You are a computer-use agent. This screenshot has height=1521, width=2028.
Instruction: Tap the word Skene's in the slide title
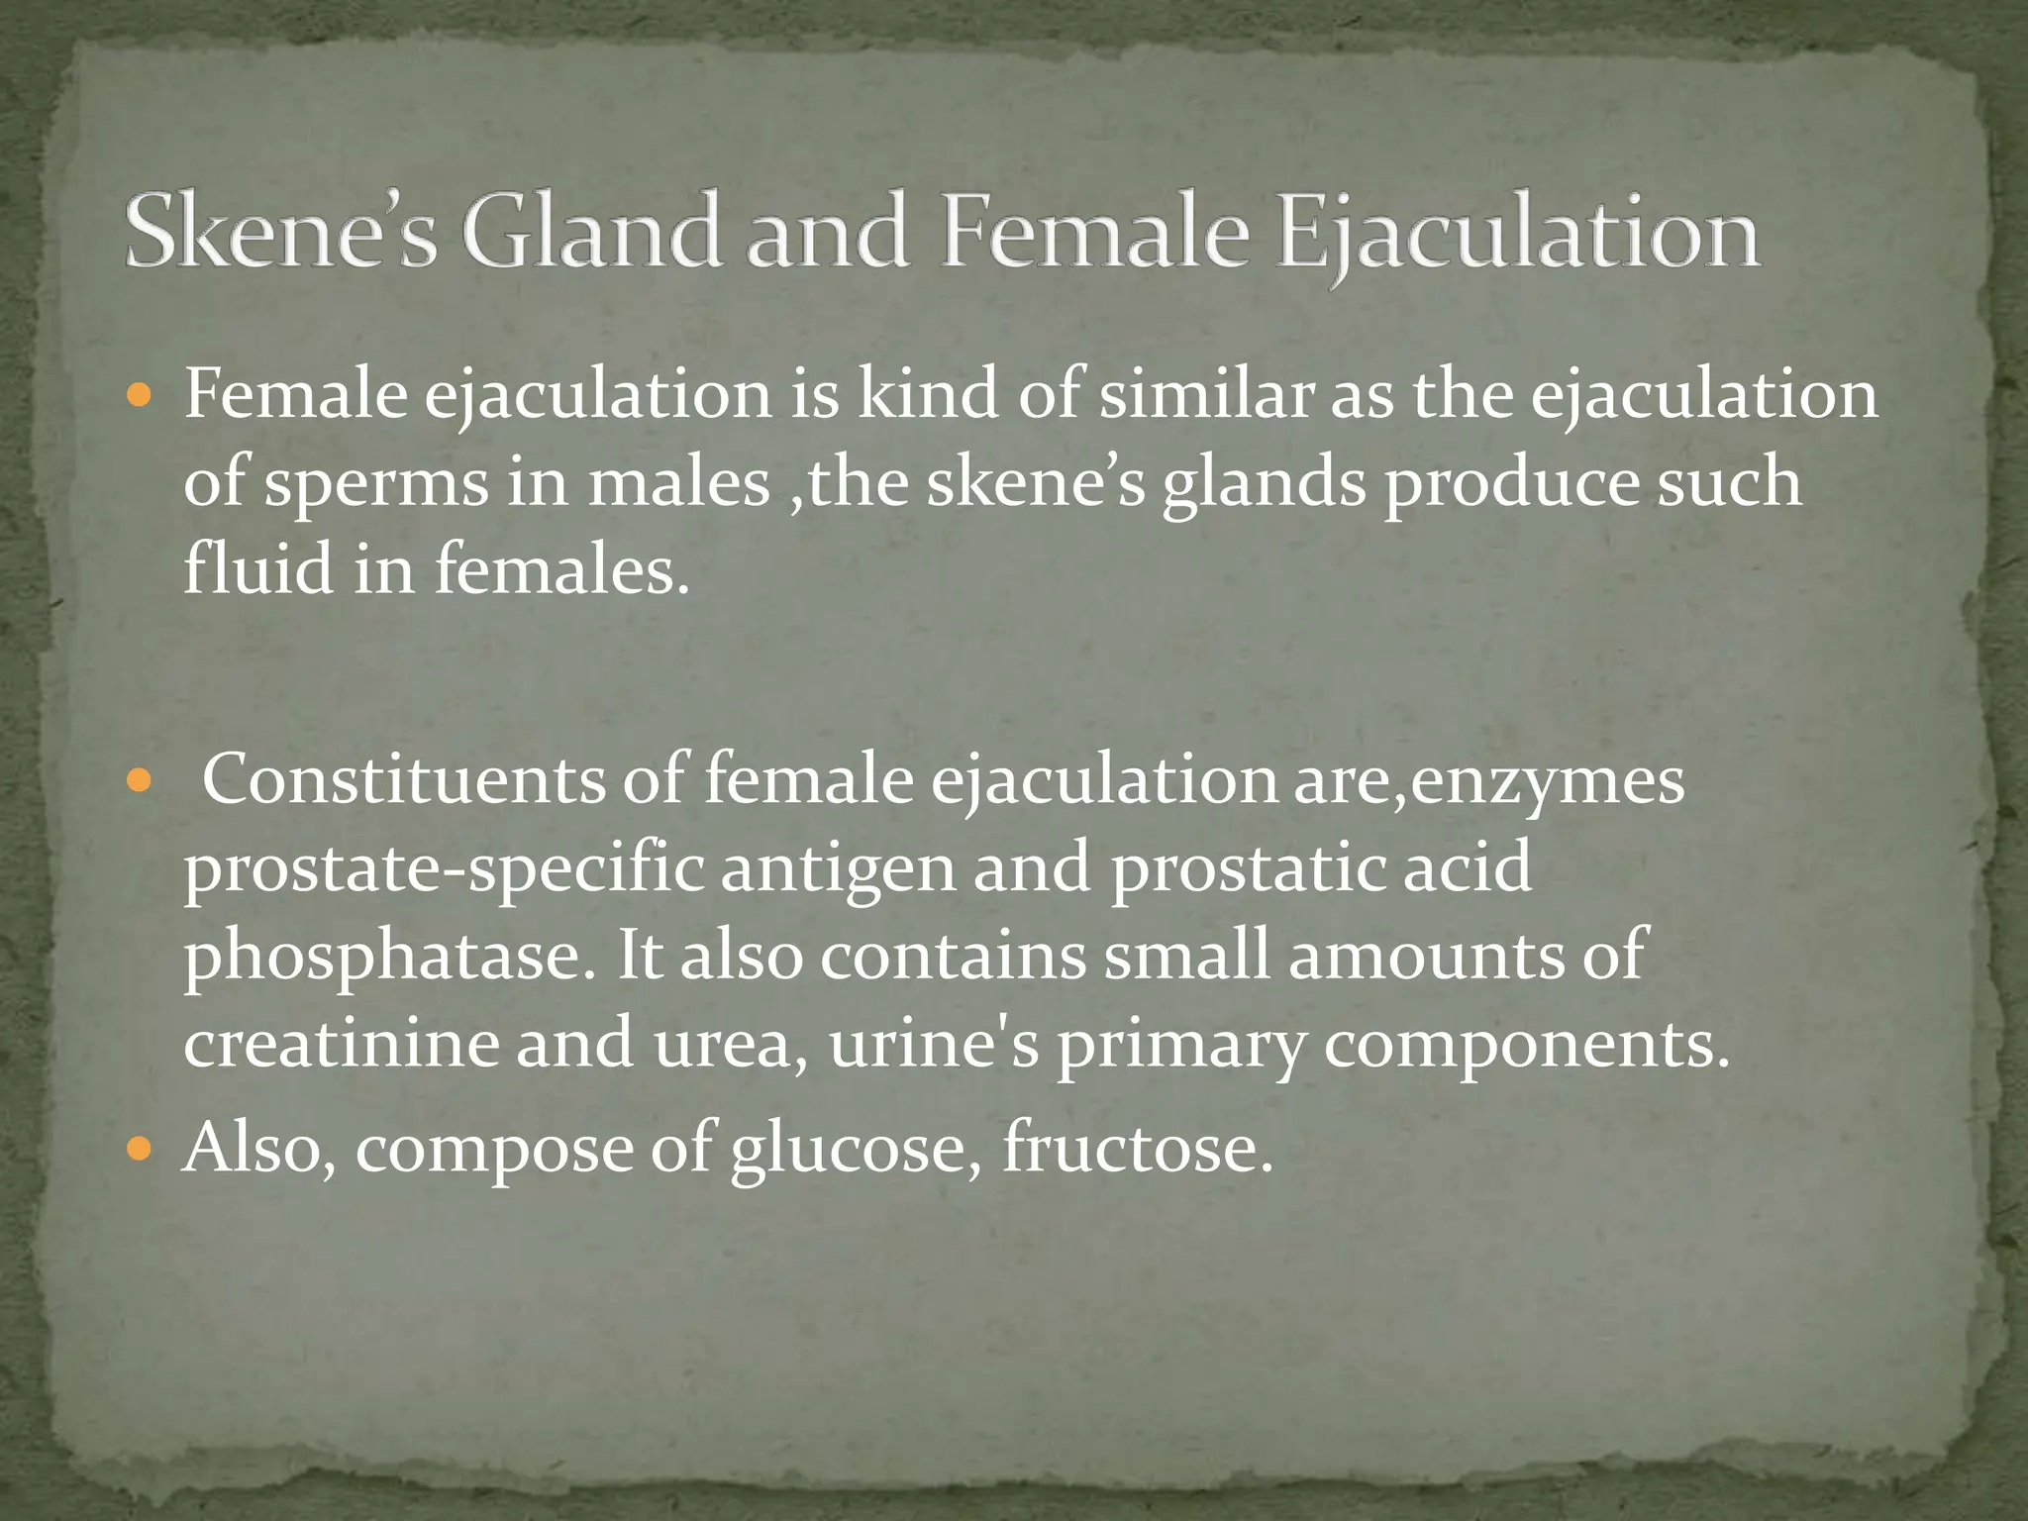280,232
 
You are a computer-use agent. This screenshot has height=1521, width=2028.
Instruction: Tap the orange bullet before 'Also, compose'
140,1151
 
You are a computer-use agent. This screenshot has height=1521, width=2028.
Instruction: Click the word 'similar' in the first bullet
1206,394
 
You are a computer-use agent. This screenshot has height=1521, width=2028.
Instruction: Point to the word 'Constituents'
404,780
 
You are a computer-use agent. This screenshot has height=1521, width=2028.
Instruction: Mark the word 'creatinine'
341,1044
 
